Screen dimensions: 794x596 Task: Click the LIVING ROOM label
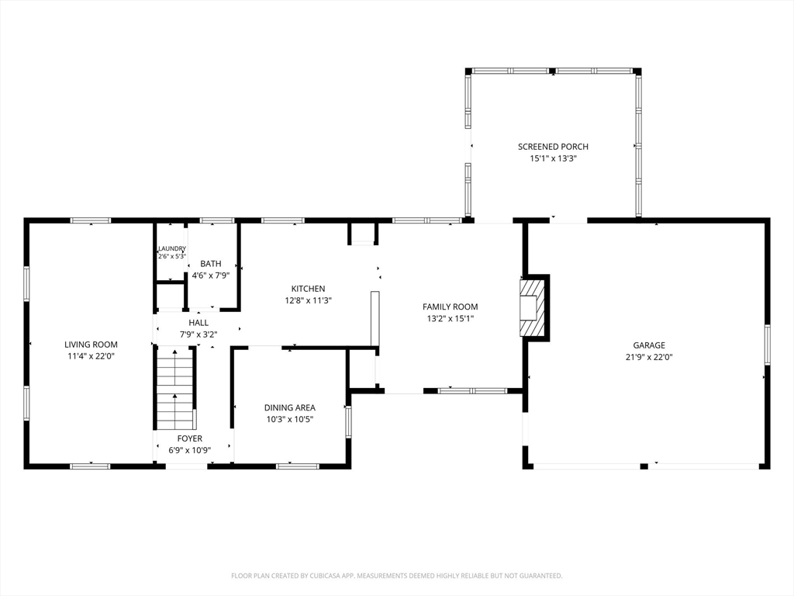click(91, 345)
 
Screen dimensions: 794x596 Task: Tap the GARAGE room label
click(649, 345)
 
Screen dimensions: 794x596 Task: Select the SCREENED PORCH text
click(553, 147)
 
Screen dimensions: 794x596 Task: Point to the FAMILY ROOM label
click(451, 307)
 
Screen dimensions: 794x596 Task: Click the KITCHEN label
click(308, 289)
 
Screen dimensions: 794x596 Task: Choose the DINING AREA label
click(290, 407)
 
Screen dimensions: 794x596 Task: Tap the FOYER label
click(190, 438)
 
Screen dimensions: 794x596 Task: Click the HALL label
click(198, 322)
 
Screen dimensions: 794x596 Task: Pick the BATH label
click(211, 264)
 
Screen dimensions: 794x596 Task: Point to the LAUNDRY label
click(172, 248)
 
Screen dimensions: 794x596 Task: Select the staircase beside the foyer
click(175, 388)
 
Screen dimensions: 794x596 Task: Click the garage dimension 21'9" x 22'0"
click(649, 357)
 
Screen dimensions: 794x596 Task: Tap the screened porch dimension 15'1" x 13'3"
click(553, 158)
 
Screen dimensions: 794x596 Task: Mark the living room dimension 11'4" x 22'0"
click(91, 356)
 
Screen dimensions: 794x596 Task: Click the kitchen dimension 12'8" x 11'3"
click(308, 300)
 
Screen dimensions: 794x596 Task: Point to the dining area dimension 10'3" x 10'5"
click(290, 419)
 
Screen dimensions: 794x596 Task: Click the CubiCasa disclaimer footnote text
click(396, 576)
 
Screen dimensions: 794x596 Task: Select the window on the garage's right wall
click(768, 345)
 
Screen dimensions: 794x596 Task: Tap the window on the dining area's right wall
click(348, 422)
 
